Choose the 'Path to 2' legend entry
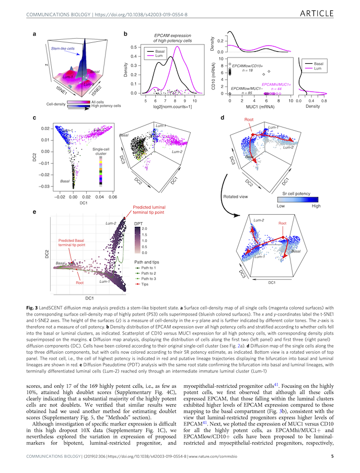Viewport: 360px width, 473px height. coord(150,273)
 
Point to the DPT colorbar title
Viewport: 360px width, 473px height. coord(138,223)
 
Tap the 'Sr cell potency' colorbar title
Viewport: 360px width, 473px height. coord(297,193)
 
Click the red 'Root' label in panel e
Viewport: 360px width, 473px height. coord(80,282)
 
